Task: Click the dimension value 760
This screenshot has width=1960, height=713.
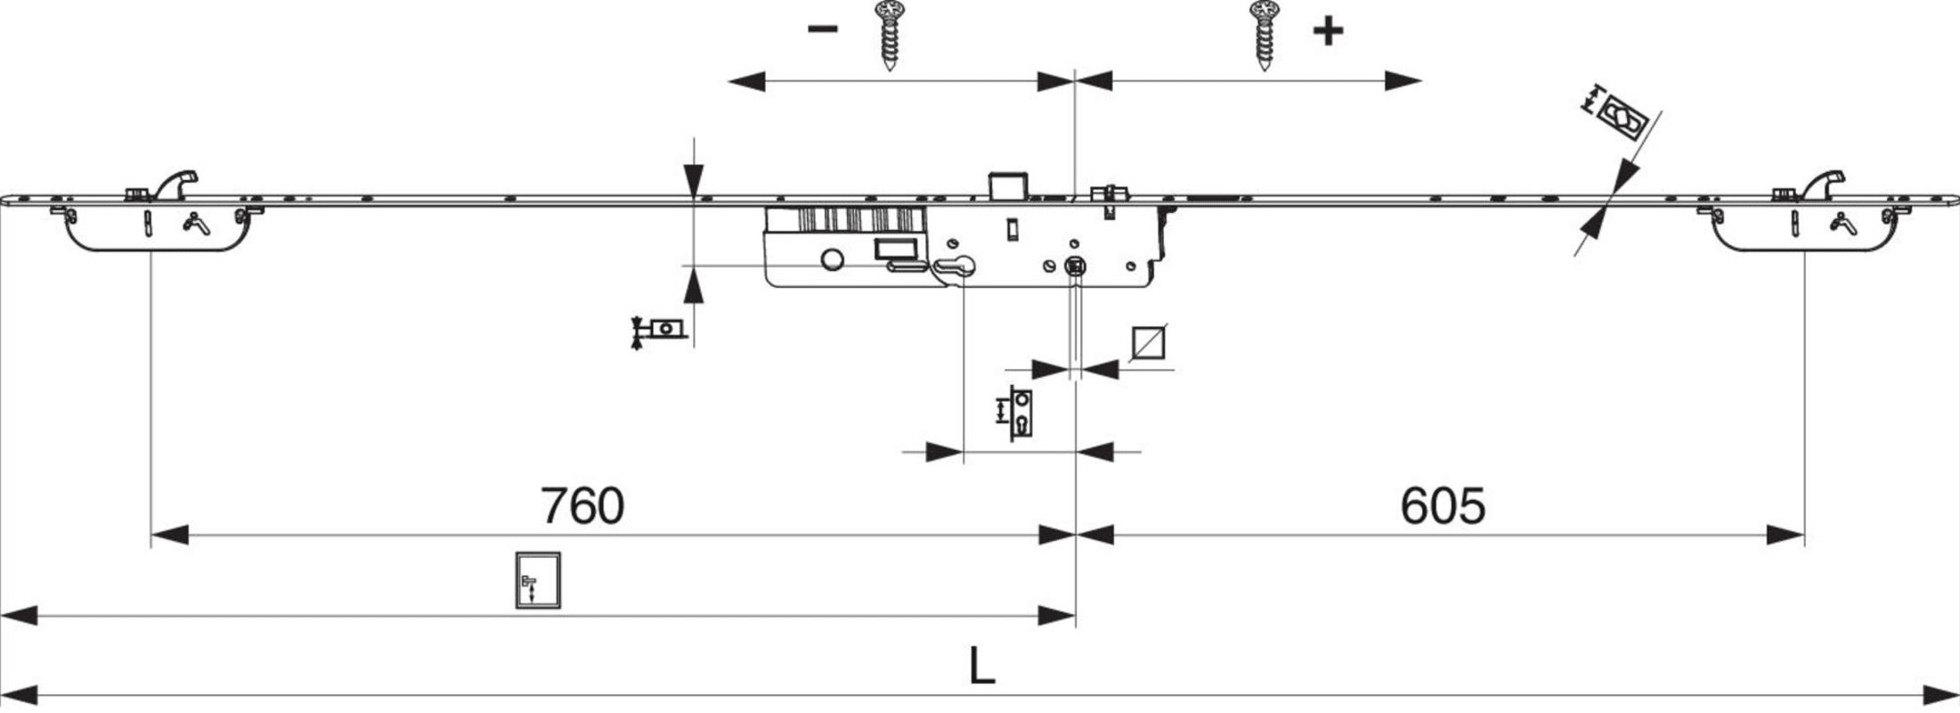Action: (582, 505)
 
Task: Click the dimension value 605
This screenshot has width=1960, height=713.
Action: (1443, 505)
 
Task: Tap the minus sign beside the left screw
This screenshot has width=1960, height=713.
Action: (822, 29)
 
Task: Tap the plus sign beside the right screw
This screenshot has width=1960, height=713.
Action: (1328, 31)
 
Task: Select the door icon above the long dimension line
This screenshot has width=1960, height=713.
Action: (538, 580)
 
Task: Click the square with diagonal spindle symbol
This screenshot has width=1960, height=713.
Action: (1149, 343)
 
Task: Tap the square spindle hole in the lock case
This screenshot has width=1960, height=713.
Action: (1075, 265)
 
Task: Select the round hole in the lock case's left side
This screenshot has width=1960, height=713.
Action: (832, 259)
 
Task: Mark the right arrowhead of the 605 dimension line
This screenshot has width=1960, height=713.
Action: (1785, 535)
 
